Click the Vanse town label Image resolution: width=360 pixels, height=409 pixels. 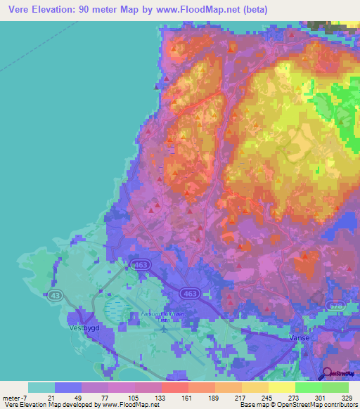[x=300, y=337]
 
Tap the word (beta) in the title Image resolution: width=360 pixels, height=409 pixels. [x=254, y=10]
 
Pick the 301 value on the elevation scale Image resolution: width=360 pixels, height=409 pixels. [x=309, y=397]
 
